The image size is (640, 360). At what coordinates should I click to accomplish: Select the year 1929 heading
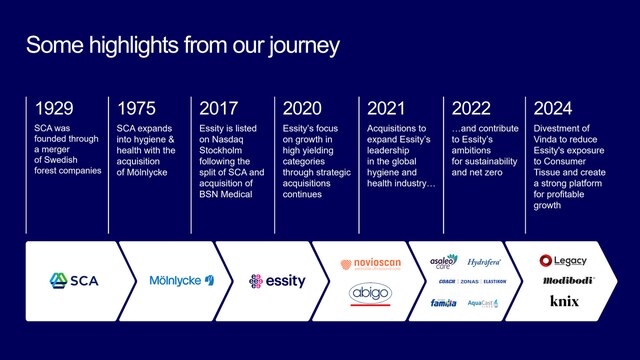(x=55, y=108)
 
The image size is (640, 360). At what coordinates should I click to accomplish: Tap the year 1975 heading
(x=138, y=108)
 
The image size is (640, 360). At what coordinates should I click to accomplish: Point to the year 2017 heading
(x=220, y=108)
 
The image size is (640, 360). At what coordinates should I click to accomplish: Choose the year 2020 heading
(x=303, y=108)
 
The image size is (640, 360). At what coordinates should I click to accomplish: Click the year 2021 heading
(x=386, y=108)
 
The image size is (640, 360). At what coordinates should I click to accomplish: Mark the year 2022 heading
(x=471, y=108)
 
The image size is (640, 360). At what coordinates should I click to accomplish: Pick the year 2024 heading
(x=554, y=108)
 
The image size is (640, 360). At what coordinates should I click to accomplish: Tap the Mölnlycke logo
(x=182, y=281)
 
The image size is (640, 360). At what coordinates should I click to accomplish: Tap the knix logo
(x=565, y=300)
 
